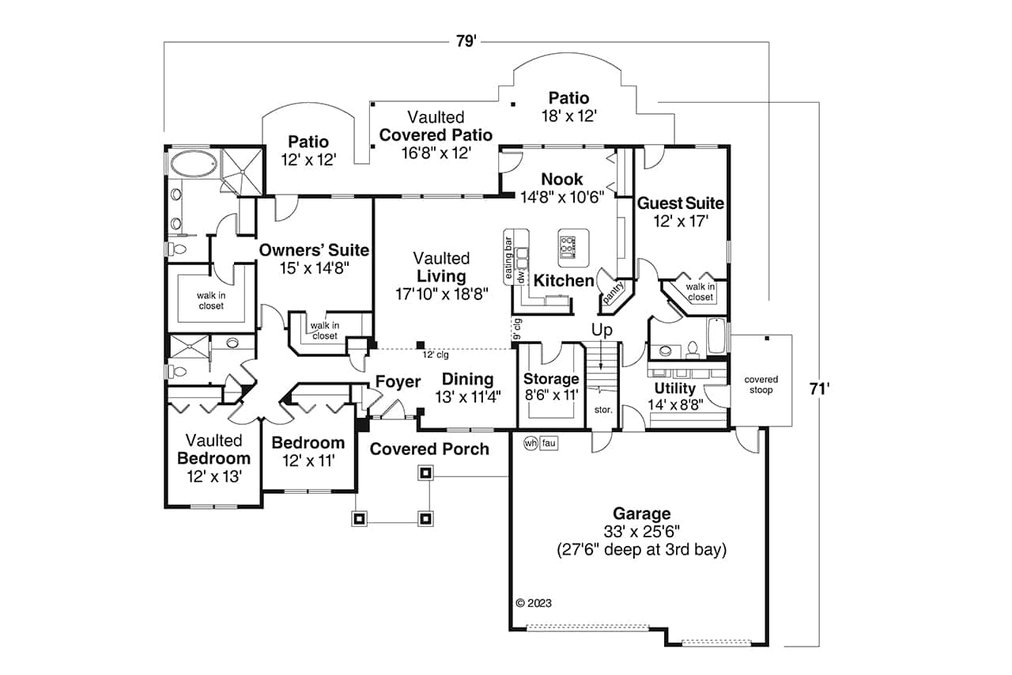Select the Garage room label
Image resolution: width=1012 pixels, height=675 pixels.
(x=641, y=514)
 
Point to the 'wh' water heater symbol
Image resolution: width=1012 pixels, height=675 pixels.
(x=531, y=444)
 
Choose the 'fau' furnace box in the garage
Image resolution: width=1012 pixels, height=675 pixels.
(x=549, y=444)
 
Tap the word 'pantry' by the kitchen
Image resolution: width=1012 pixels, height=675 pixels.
(x=614, y=293)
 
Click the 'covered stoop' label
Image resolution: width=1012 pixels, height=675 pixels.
(x=761, y=385)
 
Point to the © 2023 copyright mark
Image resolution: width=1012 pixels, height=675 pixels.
(x=534, y=602)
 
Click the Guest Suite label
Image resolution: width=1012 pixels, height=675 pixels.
(x=680, y=203)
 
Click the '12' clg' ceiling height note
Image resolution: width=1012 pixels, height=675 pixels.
(x=435, y=355)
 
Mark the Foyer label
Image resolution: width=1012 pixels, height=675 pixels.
(x=398, y=382)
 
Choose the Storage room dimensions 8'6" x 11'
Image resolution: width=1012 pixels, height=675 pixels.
(x=551, y=393)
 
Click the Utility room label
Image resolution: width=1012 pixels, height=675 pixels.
(x=674, y=389)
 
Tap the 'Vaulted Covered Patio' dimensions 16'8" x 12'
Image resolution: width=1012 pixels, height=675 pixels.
(x=436, y=152)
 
